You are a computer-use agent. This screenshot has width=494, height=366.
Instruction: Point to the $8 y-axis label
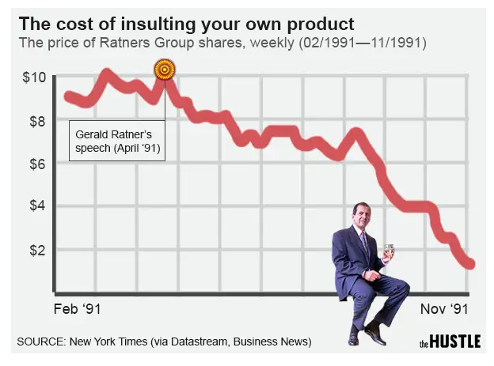pyautogui.click(x=36, y=121)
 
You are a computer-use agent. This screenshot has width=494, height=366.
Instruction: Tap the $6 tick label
pyautogui.click(x=36, y=164)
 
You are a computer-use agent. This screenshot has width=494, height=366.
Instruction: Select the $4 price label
pyautogui.click(x=36, y=207)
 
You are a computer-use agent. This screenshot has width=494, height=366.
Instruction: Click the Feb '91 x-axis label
pyautogui.click(x=78, y=308)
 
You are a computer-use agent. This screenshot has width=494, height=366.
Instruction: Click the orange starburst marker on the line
pyautogui.click(x=164, y=70)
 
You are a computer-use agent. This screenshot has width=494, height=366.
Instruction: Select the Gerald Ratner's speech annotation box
pyautogui.click(x=117, y=141)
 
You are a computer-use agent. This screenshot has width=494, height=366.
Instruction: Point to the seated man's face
pyautogui.click(x=362, y=215)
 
